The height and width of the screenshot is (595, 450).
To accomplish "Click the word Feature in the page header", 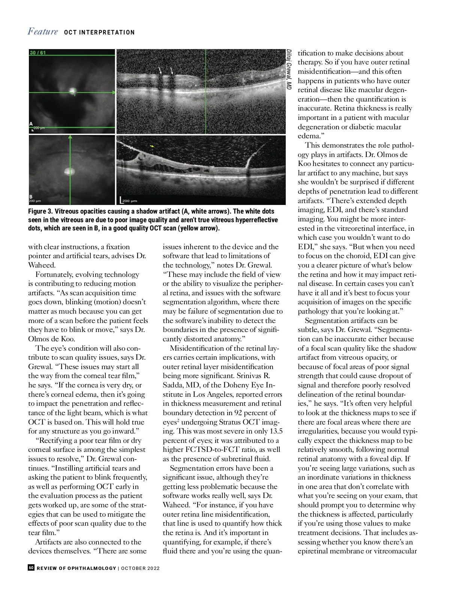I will click(43, 31).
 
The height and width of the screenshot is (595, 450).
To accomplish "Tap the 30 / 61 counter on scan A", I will click(37, 52).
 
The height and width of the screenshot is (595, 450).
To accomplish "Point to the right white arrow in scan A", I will click(171, 70).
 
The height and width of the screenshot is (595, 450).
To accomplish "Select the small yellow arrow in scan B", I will click(152, 146).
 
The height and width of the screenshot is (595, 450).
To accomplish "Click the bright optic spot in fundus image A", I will click(73, 91).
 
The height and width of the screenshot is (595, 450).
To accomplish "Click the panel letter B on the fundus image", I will click(31, 197).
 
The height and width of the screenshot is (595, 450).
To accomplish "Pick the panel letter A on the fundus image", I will click(31, 124).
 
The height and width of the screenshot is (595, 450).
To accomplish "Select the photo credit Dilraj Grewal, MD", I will click(289, 69).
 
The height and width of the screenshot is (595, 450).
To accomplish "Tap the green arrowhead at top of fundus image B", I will click(70, 138).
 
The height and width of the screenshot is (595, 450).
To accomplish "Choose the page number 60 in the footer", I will click(31, 568).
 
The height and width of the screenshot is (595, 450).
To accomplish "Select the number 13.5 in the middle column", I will click(276, 431).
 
